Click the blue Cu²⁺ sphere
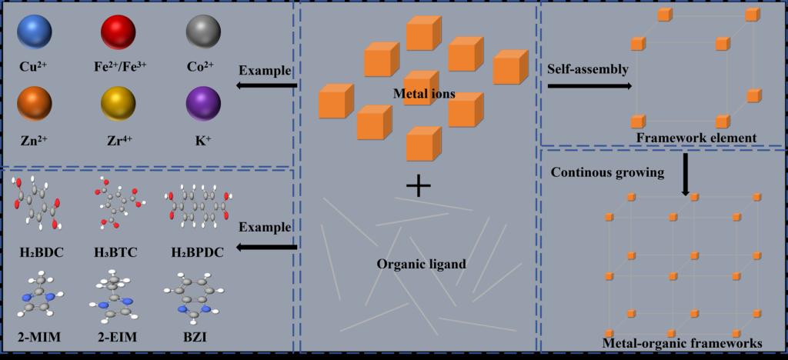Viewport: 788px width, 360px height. coord(34,34)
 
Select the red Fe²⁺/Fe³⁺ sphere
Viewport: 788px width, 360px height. coord(119,34)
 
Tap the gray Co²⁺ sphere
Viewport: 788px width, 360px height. coord(203,34)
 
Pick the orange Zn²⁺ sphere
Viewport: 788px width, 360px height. coord(34,104)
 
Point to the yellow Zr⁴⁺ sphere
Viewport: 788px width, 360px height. coord(119,104)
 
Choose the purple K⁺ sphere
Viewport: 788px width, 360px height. coord(203,104)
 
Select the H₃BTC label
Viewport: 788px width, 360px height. coord(116,252)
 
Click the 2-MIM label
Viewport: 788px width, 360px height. coord(37,337)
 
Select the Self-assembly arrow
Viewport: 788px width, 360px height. coord(589,86)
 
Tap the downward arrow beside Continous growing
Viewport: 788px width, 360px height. coord(685,172)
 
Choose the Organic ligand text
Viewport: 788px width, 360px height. coord(421,264)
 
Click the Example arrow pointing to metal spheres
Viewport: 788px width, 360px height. coord(265,85)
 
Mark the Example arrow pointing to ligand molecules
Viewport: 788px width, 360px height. coord(265,246)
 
